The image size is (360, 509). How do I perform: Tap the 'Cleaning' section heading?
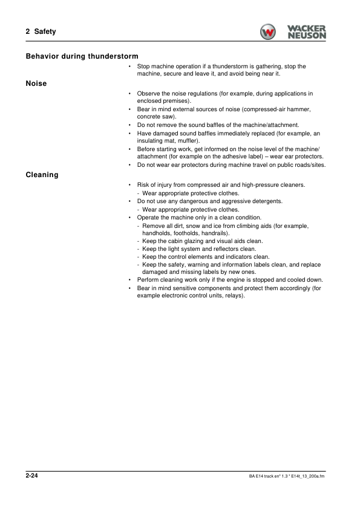42,175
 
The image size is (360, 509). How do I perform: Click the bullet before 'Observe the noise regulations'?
130,94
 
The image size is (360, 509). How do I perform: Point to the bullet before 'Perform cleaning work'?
130,280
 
